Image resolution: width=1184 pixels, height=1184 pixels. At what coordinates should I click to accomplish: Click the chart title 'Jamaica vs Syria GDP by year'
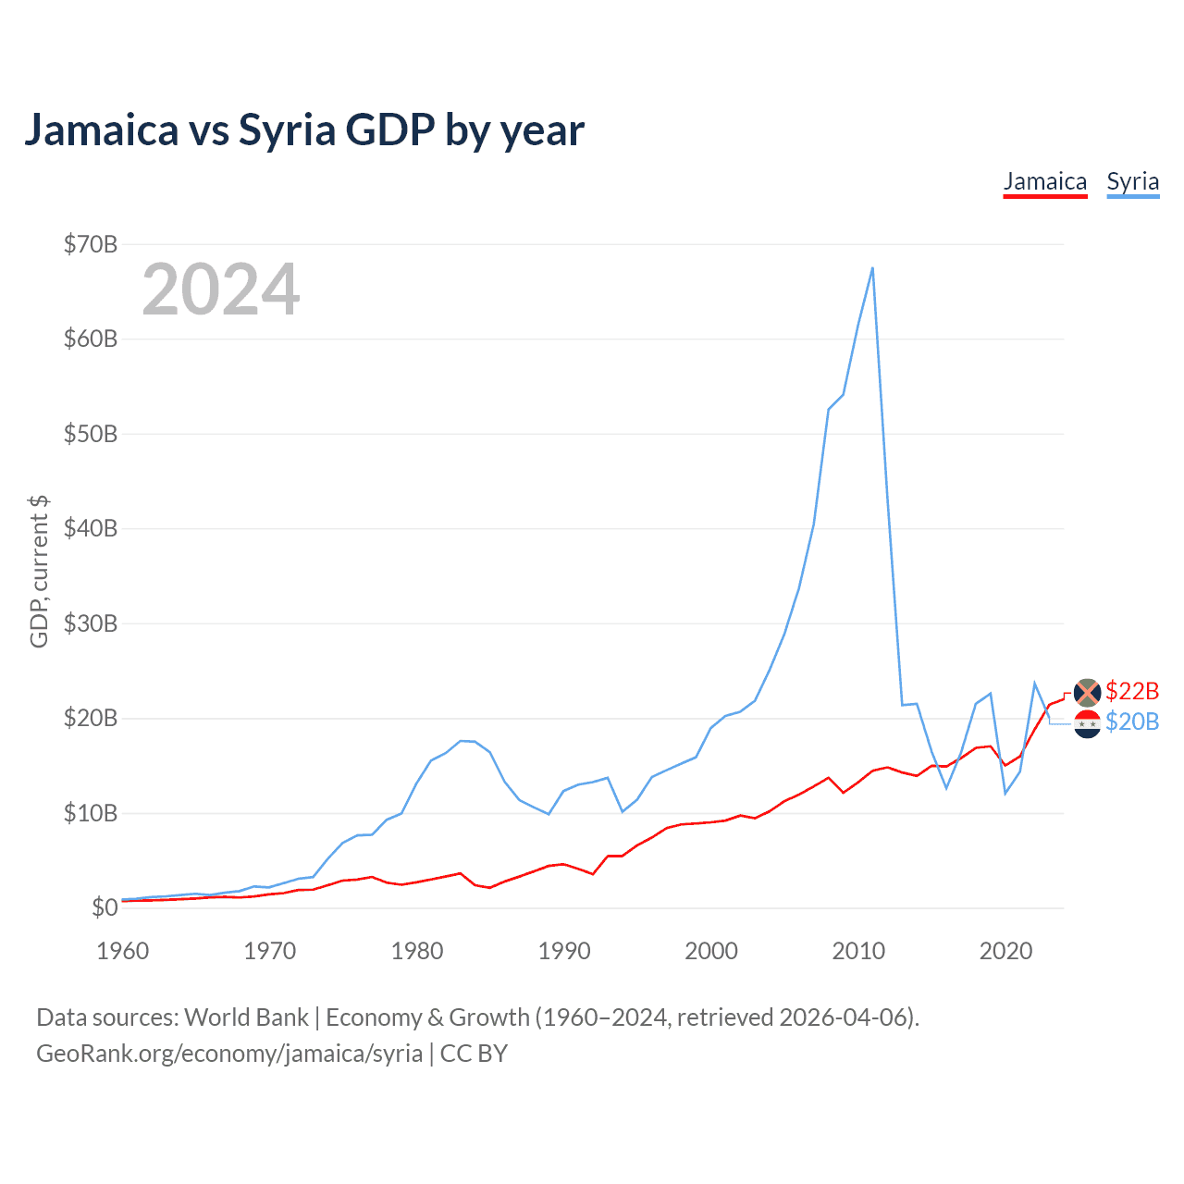304,129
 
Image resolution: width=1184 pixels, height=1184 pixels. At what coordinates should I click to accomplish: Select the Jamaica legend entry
1045,181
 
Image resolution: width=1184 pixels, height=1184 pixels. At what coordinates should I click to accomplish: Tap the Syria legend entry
1133,181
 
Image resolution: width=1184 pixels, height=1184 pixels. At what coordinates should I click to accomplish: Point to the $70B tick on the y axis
91,244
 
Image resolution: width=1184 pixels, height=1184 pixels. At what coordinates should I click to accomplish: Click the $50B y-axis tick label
91,434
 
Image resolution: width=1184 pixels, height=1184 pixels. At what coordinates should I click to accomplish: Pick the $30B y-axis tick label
91,623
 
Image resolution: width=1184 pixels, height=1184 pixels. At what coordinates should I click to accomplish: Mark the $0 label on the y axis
105,907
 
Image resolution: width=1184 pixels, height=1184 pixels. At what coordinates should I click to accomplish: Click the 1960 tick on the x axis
123,951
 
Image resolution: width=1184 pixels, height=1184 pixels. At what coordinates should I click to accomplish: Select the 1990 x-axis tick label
564,951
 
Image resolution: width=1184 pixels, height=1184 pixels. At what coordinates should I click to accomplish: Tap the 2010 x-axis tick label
858,951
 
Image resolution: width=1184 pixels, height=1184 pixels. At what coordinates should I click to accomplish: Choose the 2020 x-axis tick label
1005,951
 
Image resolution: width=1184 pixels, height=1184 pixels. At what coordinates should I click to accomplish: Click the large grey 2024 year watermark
221,290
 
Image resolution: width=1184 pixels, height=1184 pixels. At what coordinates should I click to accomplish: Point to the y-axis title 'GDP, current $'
39,571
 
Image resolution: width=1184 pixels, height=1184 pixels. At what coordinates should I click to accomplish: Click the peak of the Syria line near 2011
872,268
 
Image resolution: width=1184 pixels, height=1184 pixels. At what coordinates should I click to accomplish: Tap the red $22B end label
1132,691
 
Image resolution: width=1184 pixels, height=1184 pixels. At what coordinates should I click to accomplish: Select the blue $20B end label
1132,721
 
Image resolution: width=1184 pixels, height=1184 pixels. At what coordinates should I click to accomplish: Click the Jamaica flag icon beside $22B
1087,691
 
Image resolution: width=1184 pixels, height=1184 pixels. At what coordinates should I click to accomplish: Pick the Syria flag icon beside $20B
1087,724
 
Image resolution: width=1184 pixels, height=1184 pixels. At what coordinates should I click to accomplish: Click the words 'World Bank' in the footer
246,1017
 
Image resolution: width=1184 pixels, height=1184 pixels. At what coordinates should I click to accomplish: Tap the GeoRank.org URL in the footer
229,1054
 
